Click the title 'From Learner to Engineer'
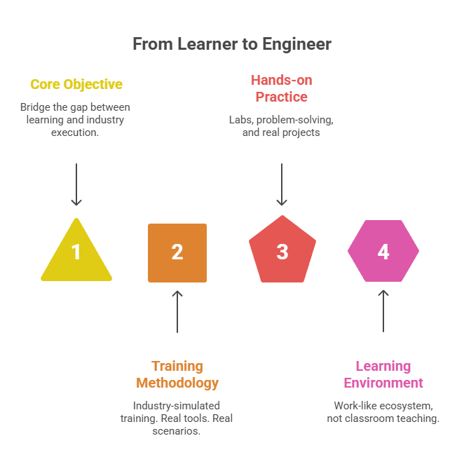point(232,44)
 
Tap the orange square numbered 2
point(177,252)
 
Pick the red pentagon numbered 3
point(282,252)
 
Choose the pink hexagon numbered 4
point(383,251)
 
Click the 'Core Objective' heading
point(76,85)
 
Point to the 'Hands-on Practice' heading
point(281,88)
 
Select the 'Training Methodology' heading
point(177,374)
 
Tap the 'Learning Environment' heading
point(383,374)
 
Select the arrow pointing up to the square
point(177,311)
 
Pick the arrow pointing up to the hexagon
point(383,311)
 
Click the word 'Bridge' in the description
point(34,107)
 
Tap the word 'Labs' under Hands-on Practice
point(240,120)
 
